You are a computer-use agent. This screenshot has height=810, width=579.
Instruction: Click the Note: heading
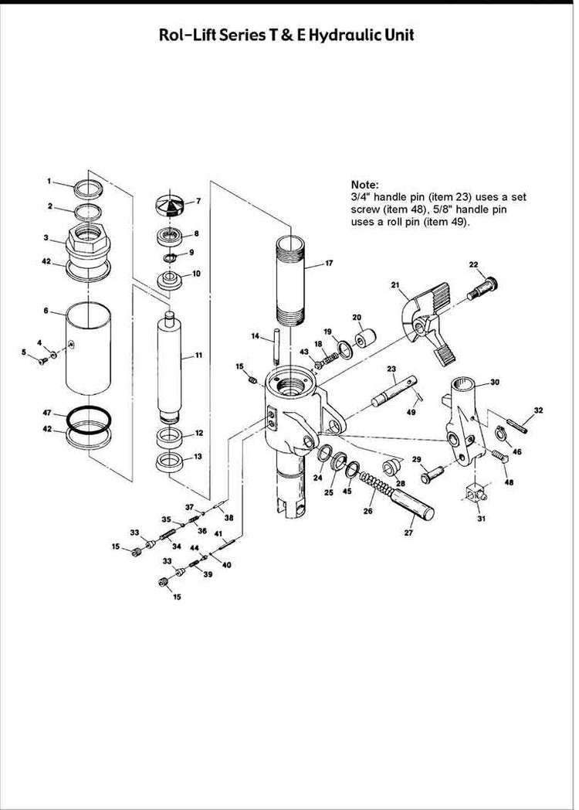coord(364,185)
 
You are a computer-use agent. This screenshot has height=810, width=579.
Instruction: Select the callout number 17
coord(329,264)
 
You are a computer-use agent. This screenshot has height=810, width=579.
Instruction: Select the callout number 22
coord(474,265)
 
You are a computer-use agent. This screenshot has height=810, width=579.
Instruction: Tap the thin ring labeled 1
coord(87,188)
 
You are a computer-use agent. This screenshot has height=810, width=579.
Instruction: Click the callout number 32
coord(538,410)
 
